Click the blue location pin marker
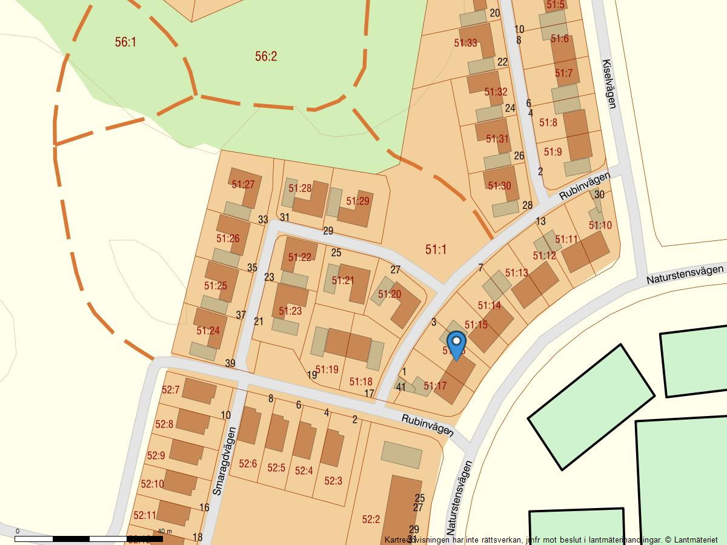[456, 343]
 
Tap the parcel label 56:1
[125, 42]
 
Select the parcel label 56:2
[266, 56]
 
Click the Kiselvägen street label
[609, 84]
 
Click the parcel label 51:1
[436, 249]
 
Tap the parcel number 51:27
[243, 184]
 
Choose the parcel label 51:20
[390, 294]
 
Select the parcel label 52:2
[371, 519]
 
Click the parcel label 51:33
[465, 43]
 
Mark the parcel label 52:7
[170, 389]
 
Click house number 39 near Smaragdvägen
[230, 363]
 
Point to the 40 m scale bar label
[165, 531]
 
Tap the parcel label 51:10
[600, 225]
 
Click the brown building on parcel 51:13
[536, 284]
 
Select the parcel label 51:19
[327, 369]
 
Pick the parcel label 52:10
[152, 484]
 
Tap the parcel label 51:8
[548, 122]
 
